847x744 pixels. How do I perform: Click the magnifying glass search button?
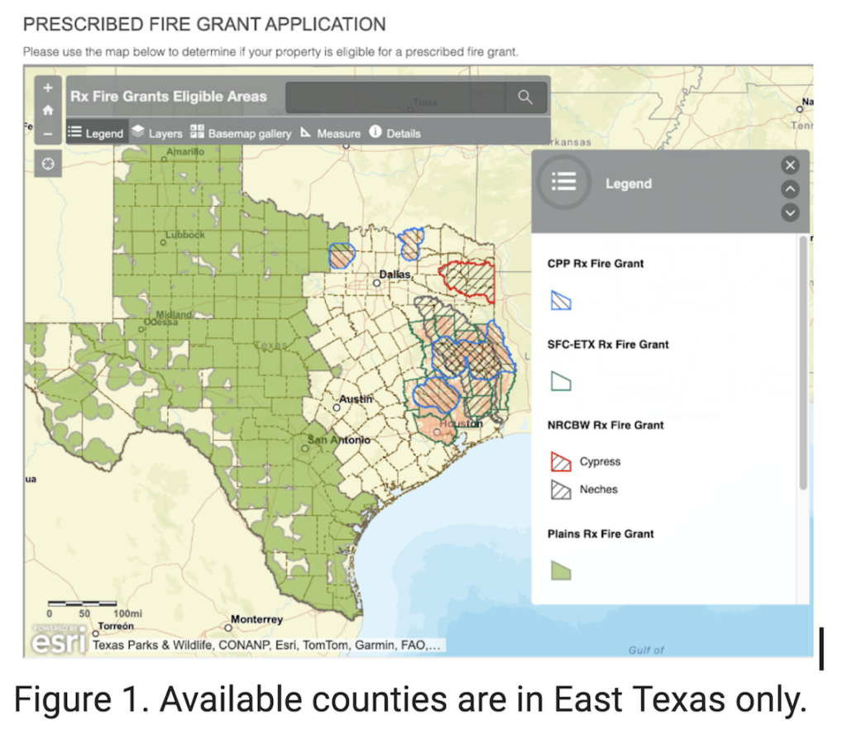click(x=524, y=97)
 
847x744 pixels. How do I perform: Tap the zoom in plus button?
click(x=48, y=88)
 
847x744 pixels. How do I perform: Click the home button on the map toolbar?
click(x=48, y=110)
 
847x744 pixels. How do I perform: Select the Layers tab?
click(x=157, y=132)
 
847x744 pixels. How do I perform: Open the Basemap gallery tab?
click(x=241, y=132)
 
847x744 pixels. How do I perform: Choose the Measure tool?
click(x=330, y=132)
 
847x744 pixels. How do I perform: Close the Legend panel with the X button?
click(x=790, y=165)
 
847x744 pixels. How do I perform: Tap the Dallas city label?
click(x=395, y=273)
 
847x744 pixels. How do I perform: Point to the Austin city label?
click(x=357, y=398)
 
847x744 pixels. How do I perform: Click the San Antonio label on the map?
click(x=340, y=440)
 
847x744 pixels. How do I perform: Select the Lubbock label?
click(x=184, y=235)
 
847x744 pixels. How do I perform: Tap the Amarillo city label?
click(x=185, y=151)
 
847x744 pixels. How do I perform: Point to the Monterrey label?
click(x=256, y=619)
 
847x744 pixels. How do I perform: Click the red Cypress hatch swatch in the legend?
click(x=561, y=461)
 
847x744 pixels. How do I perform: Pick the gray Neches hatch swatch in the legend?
click(x=561, y=489)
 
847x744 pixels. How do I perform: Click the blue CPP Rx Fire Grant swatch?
click(x=561, y=300)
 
